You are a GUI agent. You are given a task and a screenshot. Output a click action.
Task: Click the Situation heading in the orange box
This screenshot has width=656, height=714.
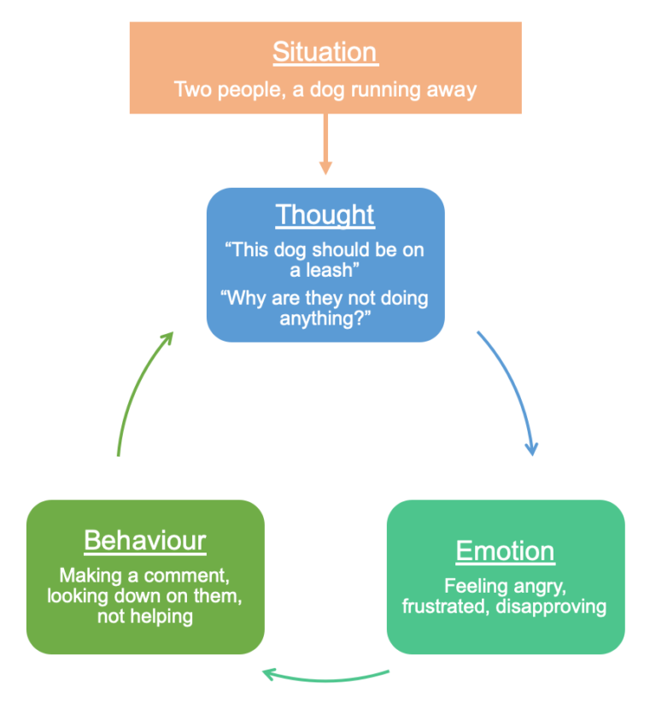click(325, 52)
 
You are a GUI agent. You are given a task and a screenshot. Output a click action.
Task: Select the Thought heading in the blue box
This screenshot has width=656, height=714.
click(325, 214)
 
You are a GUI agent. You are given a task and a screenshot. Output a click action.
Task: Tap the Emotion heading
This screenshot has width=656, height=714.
click(505, 551)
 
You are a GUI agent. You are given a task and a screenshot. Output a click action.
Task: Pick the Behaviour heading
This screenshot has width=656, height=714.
click(145, 541)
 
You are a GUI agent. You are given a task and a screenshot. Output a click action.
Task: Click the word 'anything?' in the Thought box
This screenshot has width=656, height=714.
click(325, 319)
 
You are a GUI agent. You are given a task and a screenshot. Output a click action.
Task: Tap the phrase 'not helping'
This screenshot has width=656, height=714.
click(145, 616)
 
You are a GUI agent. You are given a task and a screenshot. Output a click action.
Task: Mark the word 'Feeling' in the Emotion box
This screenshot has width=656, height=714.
click(474, 587)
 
